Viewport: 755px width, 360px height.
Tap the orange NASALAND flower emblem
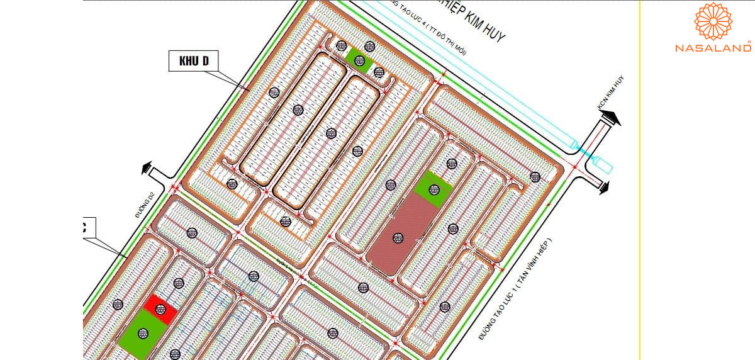click(713, 21)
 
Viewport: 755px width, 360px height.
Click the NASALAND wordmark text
click(713, 48)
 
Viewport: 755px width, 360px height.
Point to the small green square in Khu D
click(359, 60)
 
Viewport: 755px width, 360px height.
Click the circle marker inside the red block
click(160, 309)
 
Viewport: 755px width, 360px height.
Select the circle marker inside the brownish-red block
click(397, 237)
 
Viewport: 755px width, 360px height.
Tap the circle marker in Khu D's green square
click(359, 60)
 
